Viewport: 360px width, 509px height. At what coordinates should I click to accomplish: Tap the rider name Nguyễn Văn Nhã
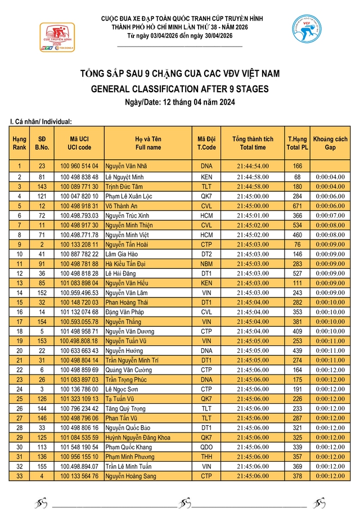[x=126, y=166]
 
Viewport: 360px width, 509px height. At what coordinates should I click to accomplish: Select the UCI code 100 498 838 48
[x=80, y=177]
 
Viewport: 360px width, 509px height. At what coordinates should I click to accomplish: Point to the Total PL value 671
[x=298, y=205]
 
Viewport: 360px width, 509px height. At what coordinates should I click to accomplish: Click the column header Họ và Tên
[x=148, y=143]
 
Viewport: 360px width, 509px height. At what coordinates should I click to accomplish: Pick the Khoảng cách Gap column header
[x=330, y=143]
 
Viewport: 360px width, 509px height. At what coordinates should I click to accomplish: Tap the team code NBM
[x=206, y=263]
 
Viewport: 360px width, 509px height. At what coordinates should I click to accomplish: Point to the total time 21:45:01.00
[x=253, y=215]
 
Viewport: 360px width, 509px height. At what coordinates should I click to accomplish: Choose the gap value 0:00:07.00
[x=330, y=215]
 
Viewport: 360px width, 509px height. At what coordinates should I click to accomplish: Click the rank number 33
[x=19, y=476]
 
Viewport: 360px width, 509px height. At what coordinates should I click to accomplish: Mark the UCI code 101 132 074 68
[x=80, y=312]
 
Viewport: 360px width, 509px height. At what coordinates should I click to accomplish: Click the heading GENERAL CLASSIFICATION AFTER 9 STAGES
[x=179, y=89]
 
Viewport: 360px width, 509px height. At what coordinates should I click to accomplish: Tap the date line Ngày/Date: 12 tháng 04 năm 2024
[x=179, y=102]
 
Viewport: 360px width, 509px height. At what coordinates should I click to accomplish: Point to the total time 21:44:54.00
[x=253, y=166]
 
